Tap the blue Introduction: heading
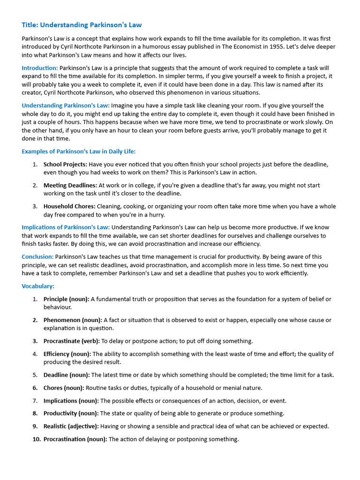(x=40, y=68)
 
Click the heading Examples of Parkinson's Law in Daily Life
(x=78, y=151)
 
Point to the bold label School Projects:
(x=65, y=165)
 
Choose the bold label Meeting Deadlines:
(x=70, y=186)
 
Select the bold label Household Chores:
(x=69, y=206)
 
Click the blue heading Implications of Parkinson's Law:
(x=66, y=227)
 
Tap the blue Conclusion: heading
(x=37, y=257)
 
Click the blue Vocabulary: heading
(x=38, y=286)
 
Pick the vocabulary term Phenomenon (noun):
(x=73, y=320)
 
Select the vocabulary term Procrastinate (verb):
(x=72, y=341)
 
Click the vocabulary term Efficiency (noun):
(x=67, y=354)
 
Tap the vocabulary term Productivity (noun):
(x=71, y=413)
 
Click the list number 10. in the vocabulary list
(x=37, y=439)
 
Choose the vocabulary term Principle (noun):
(x=67, y=299)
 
